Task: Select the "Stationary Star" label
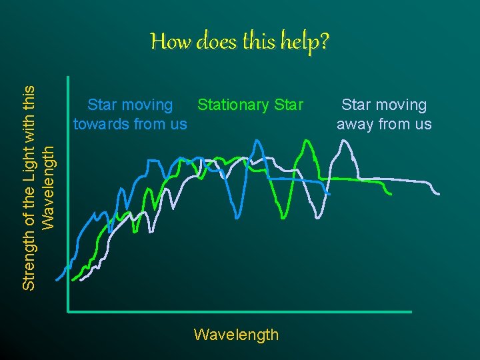(250, 105)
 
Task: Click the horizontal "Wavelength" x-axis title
(236, 334)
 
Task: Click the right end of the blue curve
(329, 193)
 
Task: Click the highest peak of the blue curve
(257, 141)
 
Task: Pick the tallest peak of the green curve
(305, 140)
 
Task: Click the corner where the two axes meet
(69, 311)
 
